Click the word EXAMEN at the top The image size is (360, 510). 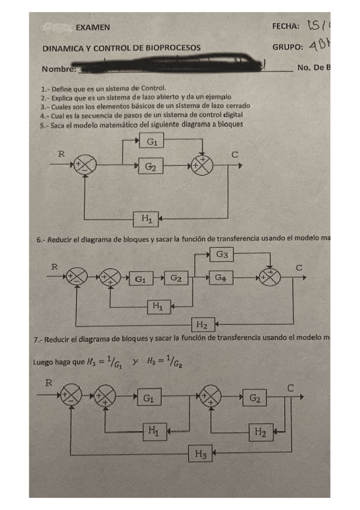coord(93,27)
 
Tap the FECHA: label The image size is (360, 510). coord(286,27)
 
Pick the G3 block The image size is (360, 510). coord(222,255)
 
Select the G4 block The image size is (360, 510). coord(222,278)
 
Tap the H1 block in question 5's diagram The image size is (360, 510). coord(146,220)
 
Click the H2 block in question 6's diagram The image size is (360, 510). coord(202,325)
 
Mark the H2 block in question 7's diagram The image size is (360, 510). coord(260,431)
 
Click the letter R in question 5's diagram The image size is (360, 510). coord(61,153)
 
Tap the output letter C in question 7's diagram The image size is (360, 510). coord(291,388)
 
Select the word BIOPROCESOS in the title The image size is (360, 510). coord(171,47)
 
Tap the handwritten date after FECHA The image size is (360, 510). coord(319,26)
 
